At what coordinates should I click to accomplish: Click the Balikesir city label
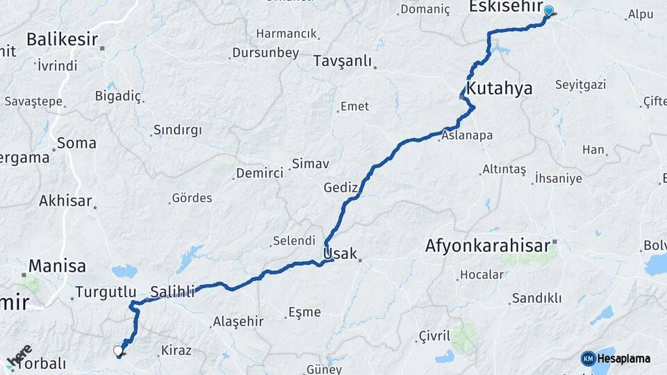pos(62,39)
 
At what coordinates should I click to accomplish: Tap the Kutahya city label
pos(499,88)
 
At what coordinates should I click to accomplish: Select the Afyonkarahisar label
pos(488,245)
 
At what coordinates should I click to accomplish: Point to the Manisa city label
pos(57,265)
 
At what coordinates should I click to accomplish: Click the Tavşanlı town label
pos(343,61)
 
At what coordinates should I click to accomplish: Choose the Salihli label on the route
pos(172,291)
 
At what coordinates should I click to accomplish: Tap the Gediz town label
pos(340,187)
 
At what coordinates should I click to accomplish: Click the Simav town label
pos(310,163)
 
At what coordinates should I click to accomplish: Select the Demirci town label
pos(260,173)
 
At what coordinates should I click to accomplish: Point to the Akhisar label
pos(65,201)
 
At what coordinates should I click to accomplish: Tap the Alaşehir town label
pos(238,321)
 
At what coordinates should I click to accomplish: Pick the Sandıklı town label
pos(536,298)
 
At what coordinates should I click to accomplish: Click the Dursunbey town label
pos(265,52)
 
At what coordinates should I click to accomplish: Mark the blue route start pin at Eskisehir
pos(549,11)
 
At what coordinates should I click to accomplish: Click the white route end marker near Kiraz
pos(118,351)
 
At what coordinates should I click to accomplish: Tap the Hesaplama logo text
pos(623,358)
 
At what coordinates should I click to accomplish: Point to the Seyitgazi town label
pos(581,85)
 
